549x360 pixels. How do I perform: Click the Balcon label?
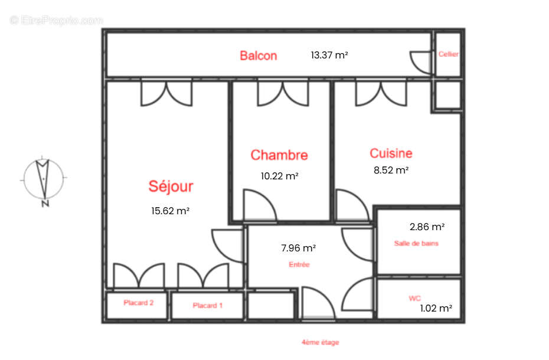(258, 56)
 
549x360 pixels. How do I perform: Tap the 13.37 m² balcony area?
(329, 55)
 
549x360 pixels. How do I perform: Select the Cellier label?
(448, 54)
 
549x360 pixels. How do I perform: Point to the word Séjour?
(170, 186)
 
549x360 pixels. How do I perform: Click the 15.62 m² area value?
(170, 210)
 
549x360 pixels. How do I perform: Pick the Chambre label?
(279, 155)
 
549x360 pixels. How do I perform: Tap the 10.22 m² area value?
(279, 176)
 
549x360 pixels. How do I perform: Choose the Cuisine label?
(391, 153)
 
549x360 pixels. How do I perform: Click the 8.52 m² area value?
(391, 170)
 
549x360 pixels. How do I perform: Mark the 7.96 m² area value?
(298, 248)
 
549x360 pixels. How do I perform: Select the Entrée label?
(299, 265)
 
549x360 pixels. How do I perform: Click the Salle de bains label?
(416, 243)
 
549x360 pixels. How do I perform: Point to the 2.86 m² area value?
(427, 227)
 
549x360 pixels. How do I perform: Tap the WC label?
(414, 299)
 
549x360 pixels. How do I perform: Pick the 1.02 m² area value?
(436, 308)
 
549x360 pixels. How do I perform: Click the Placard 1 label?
(207, 306)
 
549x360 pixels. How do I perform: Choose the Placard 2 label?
(139, 303)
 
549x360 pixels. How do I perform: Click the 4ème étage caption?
(320, 342)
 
